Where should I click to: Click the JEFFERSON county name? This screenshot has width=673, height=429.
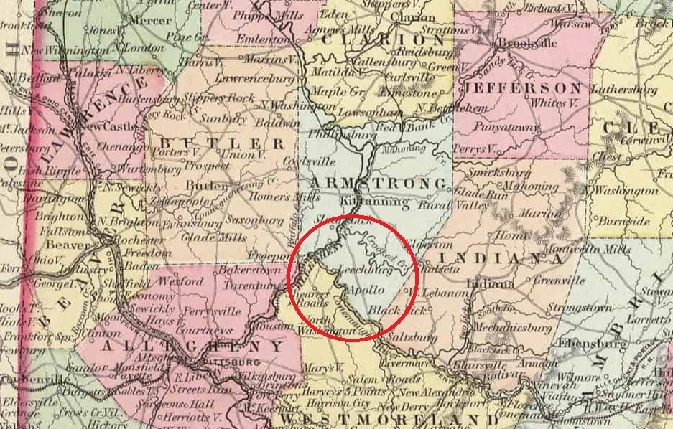pos(523,88)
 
